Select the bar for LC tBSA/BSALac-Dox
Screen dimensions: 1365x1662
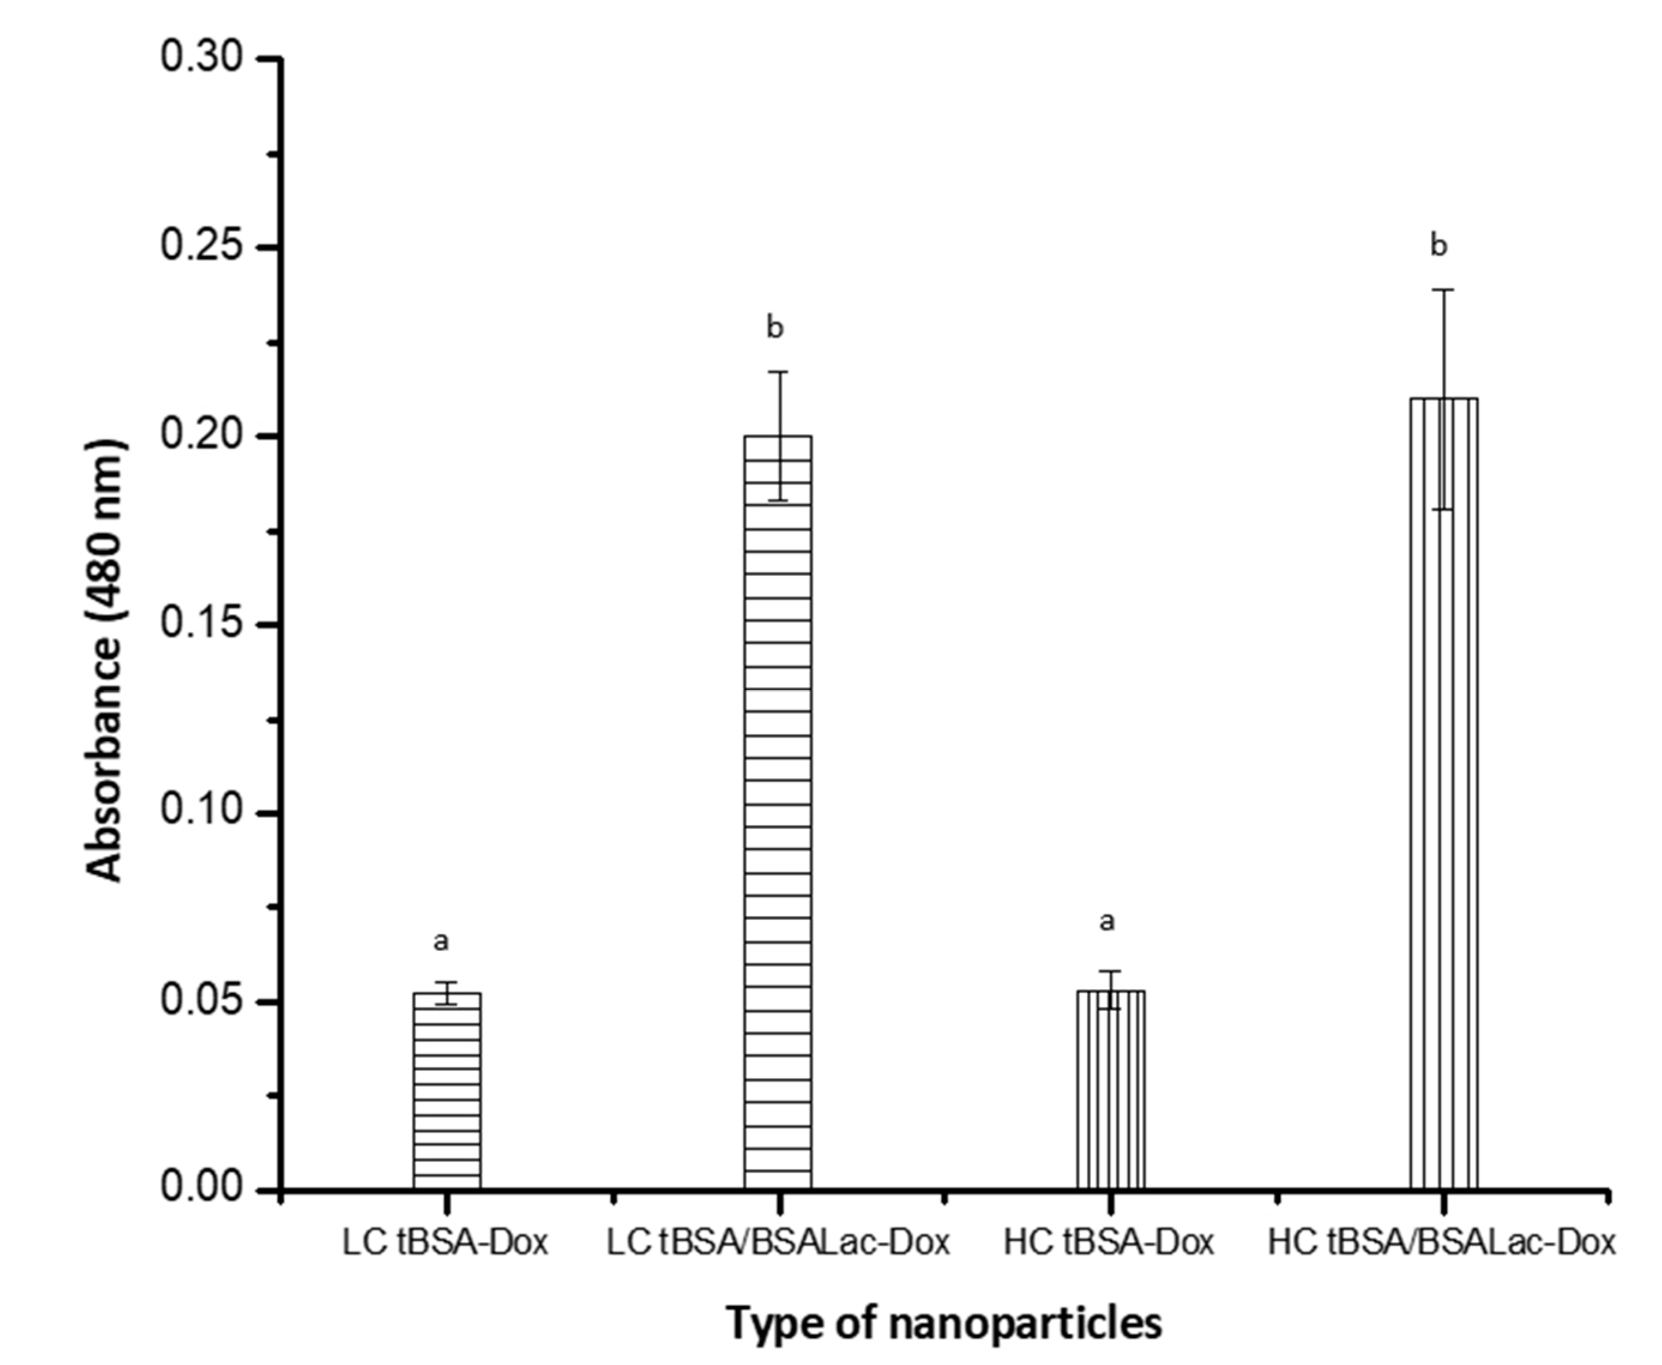pos(778,810)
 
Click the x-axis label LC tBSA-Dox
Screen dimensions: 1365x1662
pos(445,1242)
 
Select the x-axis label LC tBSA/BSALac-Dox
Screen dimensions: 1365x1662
pos(779,1242)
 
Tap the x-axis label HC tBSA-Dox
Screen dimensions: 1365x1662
pos(1109,1242)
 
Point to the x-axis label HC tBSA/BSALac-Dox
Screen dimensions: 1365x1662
pos(1443,1242)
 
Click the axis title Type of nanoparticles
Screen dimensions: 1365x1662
pos(944,1323)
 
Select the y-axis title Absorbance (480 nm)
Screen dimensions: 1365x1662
pos(105,660)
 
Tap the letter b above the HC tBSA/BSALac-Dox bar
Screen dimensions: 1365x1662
pos(1438,246)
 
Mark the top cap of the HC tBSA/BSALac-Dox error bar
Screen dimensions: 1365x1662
pos(1443,290)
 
